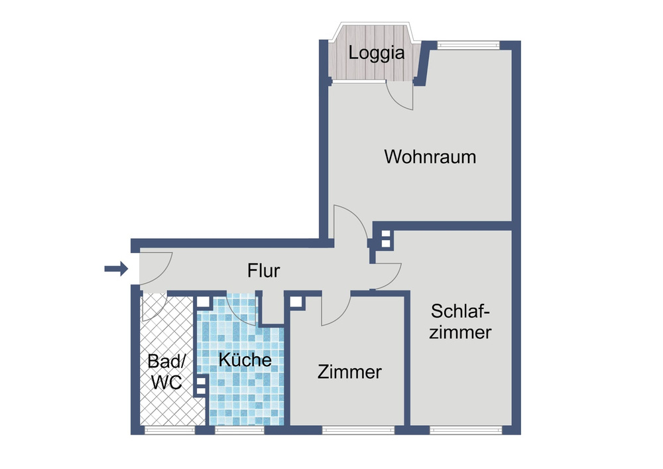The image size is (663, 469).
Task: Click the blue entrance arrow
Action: [x=116, y=269]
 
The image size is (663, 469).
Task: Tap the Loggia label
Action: [x=377, y=53]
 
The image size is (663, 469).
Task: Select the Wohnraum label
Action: [x=430, y=157]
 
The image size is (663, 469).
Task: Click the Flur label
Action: [x=264, y=270]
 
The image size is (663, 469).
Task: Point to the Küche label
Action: [x=245, y=360]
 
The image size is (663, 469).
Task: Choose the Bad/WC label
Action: [x=167, y=372]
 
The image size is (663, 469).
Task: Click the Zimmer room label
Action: [x=349, y=372]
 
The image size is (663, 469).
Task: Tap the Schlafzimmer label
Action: [x=461, y=321]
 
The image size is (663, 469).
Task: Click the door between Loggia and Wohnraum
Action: [x=401, y=96]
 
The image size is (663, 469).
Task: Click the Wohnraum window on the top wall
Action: [x=468, y=45]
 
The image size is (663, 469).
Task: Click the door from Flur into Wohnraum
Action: [x=350, y=226]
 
